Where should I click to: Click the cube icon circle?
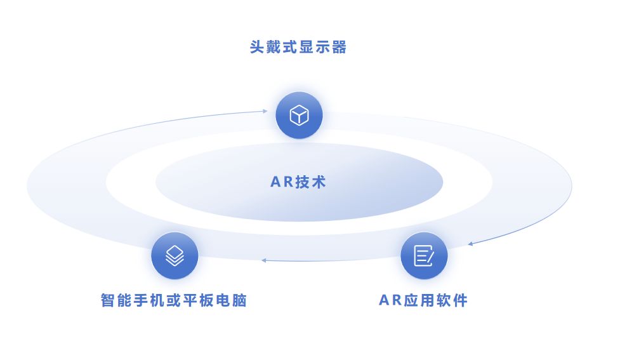[299, 116]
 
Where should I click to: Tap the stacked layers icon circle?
[175, 256]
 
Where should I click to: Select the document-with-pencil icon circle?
[424, 256]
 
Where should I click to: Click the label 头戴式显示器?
[298, 48]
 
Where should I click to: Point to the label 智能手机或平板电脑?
[174, 300]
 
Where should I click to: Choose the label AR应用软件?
[423, 300]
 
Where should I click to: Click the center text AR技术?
[298, 182]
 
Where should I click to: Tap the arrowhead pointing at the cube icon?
[265, 111]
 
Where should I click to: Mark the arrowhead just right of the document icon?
[470, 243]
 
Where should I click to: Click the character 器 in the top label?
[340, 48]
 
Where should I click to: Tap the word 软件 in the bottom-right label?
[451, 300]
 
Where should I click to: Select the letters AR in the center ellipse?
[281, 182]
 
